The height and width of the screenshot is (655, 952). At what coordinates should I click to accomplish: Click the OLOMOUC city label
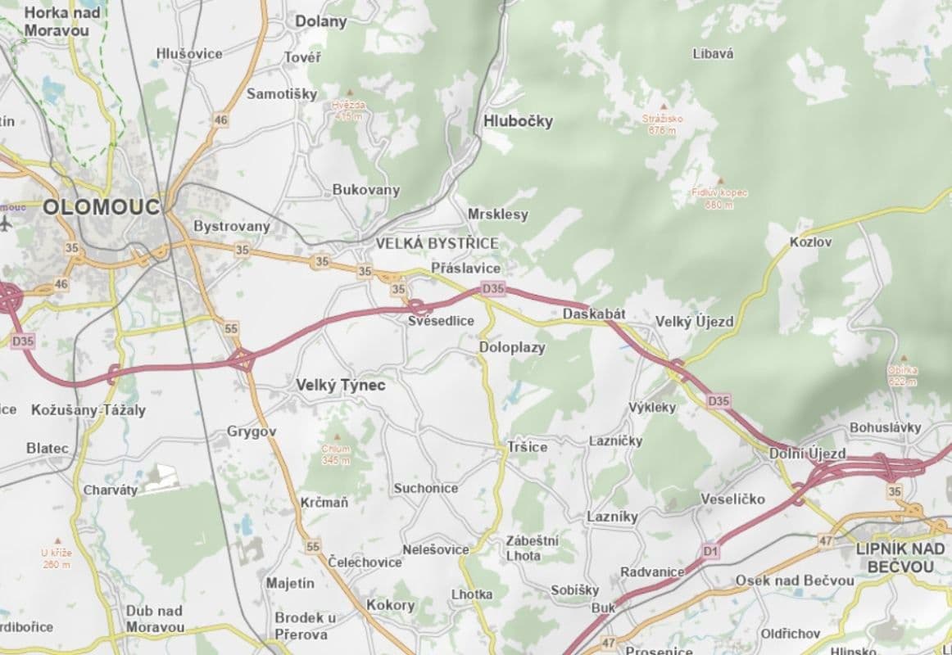pyautogui.click(x=102, y=206)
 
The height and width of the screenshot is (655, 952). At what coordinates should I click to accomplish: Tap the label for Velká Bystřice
pyautogui.click(x=437, y=244)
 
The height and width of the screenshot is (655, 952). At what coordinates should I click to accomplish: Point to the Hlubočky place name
pyautogui.click(x=519, y=121)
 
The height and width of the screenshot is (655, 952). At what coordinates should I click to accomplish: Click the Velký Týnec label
pyautogui.click(x=340, y=384)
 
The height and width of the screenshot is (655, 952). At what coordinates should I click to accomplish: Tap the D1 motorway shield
pyautogui.click(x=709, y=552)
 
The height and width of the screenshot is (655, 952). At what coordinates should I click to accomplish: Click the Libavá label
pyautogui.click(x=713, y=54)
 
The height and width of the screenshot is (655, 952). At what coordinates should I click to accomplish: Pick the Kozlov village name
pyautogui.click(x=810, y=242)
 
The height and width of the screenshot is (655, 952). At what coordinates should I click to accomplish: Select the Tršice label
pyautogui.click(x=527, y=447)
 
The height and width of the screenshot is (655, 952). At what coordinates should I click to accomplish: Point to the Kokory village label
pyautogui.click(x=390, y=606)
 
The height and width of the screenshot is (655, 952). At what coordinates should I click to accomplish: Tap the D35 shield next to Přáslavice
pyautogui.click(x=493, y=288)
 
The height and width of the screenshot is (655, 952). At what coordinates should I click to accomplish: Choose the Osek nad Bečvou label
pyautogui.click(x=794, y=580)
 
